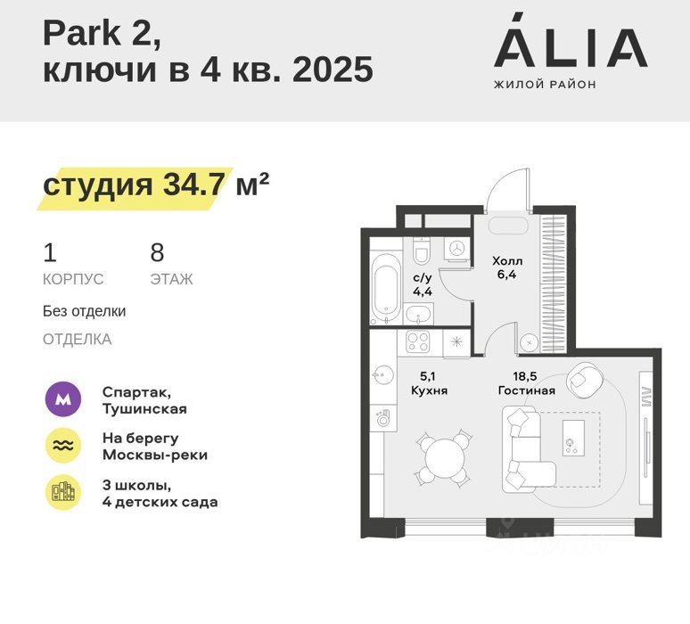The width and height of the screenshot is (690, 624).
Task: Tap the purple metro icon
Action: pos(63,399)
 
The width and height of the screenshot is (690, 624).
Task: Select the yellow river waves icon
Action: pos(63,446)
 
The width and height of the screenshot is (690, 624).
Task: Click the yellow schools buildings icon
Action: pos(63,492)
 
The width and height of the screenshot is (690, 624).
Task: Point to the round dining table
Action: pos(445,458)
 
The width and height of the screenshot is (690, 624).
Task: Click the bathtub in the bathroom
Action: pos(386,288)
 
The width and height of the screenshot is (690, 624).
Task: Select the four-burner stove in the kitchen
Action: pos(417,342)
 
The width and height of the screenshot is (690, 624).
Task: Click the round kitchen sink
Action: pos(382,375)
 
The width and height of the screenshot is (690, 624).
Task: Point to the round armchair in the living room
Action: pos(585,380)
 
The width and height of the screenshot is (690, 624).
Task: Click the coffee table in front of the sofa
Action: pos(574,438)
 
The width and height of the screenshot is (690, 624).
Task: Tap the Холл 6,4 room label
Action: pos(507,267)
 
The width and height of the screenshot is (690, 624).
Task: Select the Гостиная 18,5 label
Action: pos(526,383)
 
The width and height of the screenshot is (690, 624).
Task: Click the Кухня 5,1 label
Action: pos(429,383)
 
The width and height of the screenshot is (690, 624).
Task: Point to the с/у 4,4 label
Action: pos(423,284)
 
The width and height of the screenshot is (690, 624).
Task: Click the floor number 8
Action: pos(157,252)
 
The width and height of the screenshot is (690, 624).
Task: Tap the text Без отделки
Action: pos(84,311)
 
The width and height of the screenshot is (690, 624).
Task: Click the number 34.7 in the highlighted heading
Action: pos(194,184)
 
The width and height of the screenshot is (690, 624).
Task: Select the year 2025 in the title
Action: pos(333,70)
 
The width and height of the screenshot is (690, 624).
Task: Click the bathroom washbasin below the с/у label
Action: pos(418,314)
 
